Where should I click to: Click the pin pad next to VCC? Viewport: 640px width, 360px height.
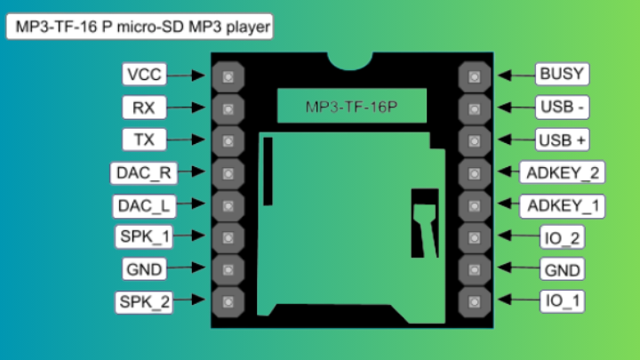click(x=228, y=76)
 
